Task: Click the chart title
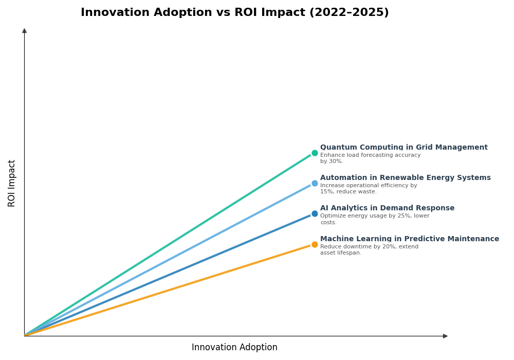pos(234,13)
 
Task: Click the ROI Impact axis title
pos(12,183)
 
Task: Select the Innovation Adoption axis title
pos(234,348)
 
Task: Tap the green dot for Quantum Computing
pos(315,153)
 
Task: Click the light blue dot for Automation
pos(315,183)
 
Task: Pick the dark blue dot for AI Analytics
pos(315,213)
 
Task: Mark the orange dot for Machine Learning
pos(315,244)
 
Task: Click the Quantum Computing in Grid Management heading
pos(403,148)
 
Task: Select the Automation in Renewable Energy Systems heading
pos(405,178)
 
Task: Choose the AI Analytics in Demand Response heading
pos(387,208)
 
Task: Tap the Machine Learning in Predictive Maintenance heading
pos(409,239)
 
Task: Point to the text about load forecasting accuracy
pos(370,158)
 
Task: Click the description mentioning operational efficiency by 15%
pos(369,189)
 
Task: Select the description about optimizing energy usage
pos(374,219)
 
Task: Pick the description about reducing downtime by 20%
pos(369,250)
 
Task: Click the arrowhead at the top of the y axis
pos(24,31)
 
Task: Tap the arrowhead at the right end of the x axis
pos(445,336)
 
